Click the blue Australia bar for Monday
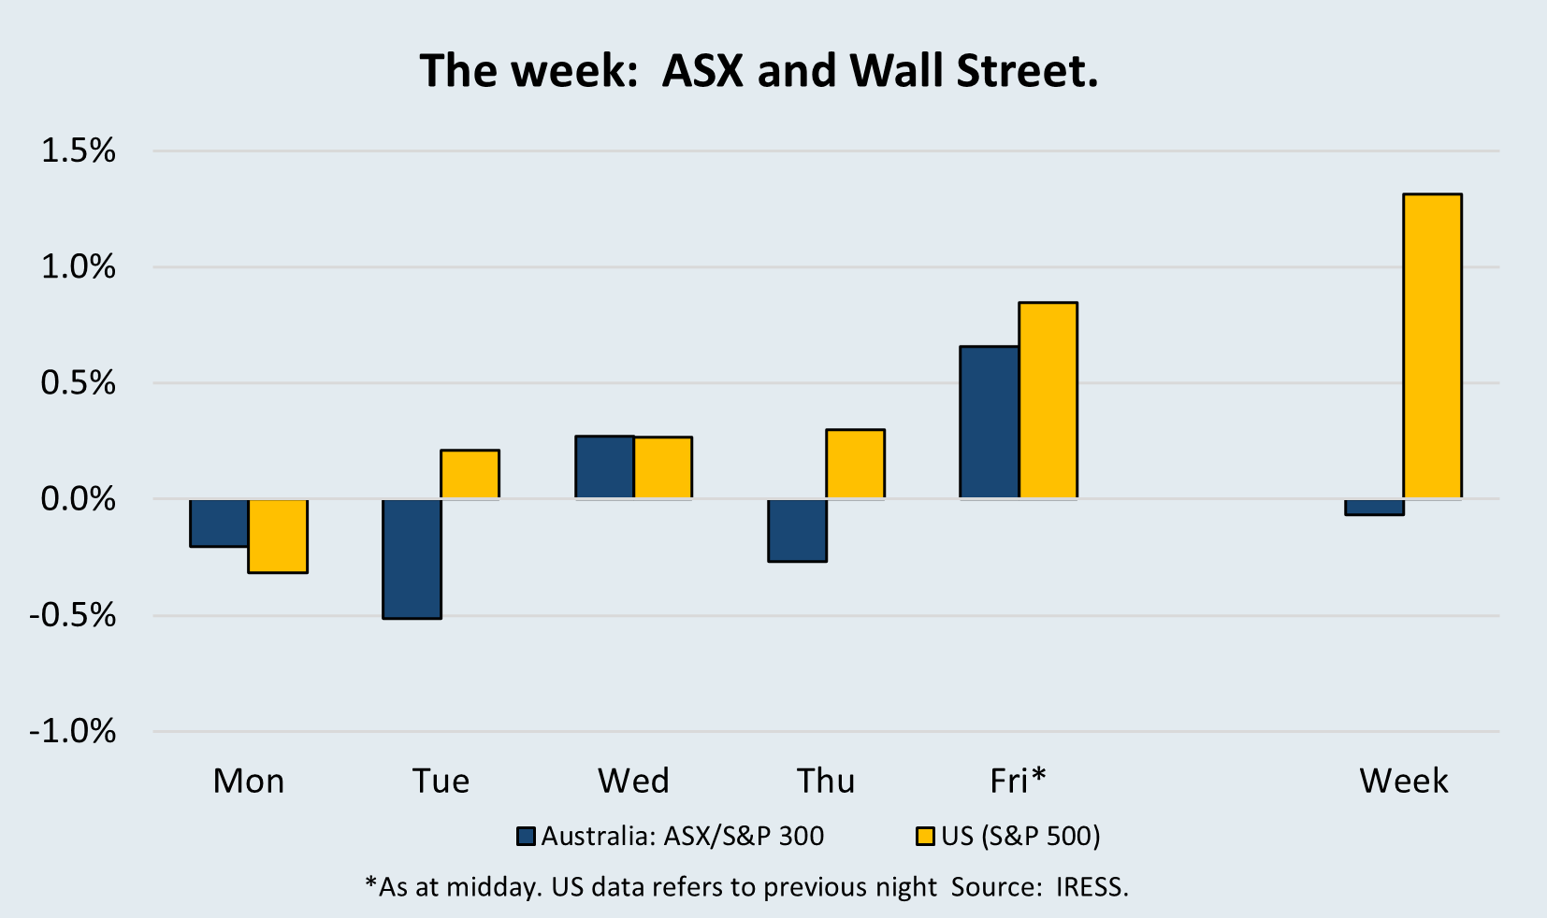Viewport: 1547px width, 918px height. point(219,523)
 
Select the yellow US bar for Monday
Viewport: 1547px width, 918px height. point(278,536)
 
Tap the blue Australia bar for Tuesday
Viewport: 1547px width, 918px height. point(412,558)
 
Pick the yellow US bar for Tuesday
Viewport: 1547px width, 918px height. point(470,474)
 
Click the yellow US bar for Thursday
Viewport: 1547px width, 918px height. point(855,464)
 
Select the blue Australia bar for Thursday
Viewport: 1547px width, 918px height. point(797,530)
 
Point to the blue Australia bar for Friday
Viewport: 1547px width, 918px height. point(990,422)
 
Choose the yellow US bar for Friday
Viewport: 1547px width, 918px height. point(1048,400)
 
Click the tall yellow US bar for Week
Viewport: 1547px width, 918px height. point(1432,346)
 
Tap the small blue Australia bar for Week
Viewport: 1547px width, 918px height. point(1374,508)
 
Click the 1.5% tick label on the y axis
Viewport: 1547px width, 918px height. point(78,151)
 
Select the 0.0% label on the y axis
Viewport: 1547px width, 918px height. point(78,499)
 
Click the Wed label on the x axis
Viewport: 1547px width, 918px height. point(633,781)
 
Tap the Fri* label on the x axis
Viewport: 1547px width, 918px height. point(1018,780)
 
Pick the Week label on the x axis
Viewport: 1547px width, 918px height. point(1403,781)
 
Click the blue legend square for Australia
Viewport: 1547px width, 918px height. point(527,836)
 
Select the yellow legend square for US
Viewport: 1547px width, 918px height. point(925,836)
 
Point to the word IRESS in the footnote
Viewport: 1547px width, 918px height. point(1092,886)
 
